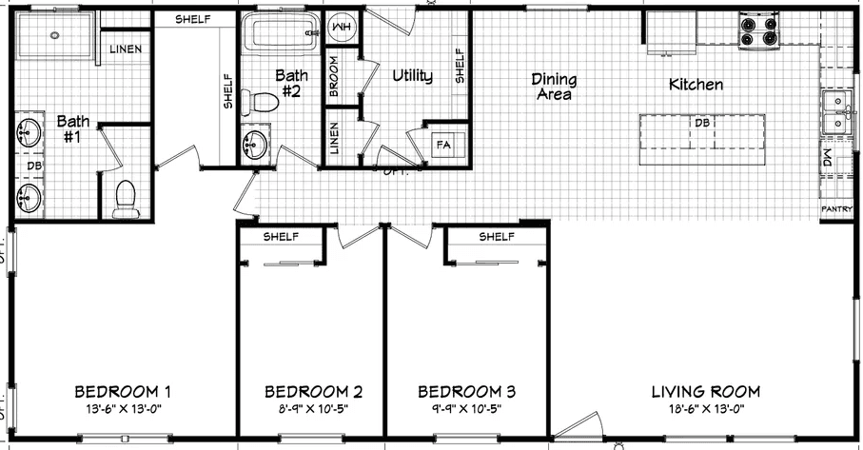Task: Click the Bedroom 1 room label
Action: click(x=123, y=391)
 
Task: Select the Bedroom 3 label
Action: click(x=466, y=391)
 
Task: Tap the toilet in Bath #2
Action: click(x=259, y=101)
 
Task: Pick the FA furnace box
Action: click(x=443, y=145)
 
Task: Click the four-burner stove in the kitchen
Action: click(x=758, y=32)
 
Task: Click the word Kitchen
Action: click(x=696, y=85)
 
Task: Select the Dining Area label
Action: click(x=553, y=87)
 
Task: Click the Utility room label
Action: click(x=412, y=76)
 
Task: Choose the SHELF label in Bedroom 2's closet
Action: click(x=282, y=236)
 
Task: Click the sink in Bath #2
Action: click(x=255, y=145)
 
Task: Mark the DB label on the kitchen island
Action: click(x=701, y=123)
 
